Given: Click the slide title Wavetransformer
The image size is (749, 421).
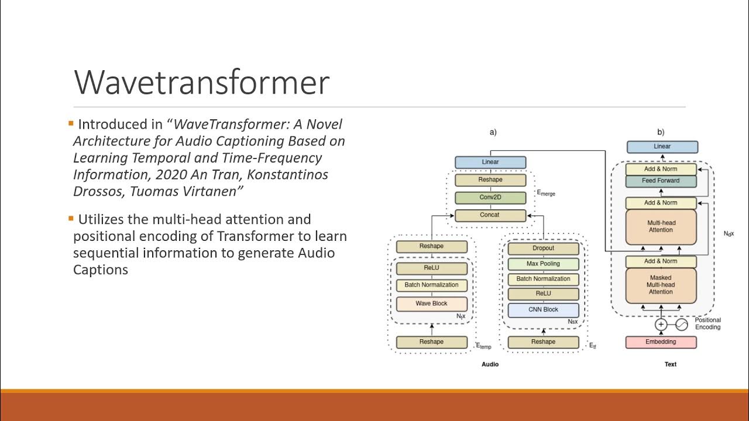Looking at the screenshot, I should (201, 82).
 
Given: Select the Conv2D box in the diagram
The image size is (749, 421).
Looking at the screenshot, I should (490, 198).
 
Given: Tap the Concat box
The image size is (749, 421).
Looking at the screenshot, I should (490, 215).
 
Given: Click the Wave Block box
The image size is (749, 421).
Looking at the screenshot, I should (431, 304).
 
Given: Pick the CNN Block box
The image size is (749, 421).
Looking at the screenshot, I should (543, 310).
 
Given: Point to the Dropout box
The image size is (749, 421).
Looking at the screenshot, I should (543, 249).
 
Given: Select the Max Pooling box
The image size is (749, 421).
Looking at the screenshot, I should (543, 264).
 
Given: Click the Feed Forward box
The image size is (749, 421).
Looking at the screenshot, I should (661, 181).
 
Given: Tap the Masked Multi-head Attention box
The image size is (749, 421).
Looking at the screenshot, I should (661, 285).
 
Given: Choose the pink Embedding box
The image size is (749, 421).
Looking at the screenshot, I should (661, 342).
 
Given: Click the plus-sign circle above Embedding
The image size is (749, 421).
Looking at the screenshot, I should (661, 324).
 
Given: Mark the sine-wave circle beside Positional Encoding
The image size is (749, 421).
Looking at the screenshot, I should (682, 324).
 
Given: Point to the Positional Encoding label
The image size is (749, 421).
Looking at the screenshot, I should (707, 323).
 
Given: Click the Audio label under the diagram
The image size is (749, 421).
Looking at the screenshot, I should (490, 364).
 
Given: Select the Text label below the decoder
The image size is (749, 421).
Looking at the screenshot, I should (670, 364).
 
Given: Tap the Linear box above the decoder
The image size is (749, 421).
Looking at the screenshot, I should (662, 147).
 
